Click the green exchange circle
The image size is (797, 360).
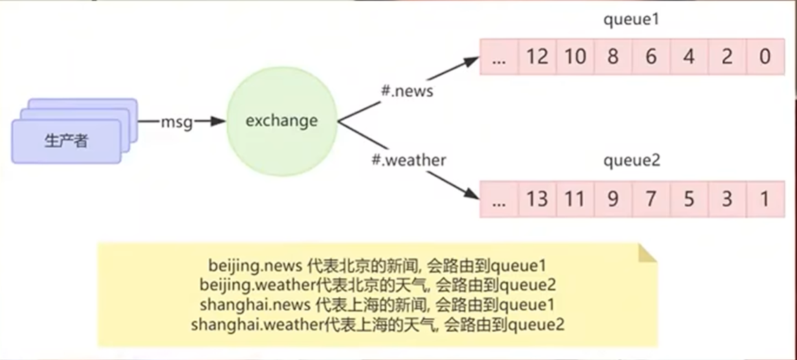click(x=282, y=122)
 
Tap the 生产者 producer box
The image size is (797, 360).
click(x=67, y=142)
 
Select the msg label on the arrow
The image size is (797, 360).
click(x=175, y=122)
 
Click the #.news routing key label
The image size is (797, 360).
click(x=407, y=90)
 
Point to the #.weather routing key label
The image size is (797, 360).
click(x=409, y=161)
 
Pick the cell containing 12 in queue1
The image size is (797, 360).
click(x=537, y=56)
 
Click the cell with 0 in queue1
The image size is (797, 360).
click(x=765, y=56)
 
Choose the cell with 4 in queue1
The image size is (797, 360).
click(x=689, y=56)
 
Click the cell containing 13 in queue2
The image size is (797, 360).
click(x=537, y=199)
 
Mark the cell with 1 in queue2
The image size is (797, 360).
click(x=765, y=199)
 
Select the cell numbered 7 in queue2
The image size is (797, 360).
click(x=651, y=199)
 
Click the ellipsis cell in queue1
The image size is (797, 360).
click(x=499, y=56)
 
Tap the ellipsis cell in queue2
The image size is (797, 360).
click(x=499, y=199)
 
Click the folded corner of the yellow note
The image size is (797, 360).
click(x=648, y=254)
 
